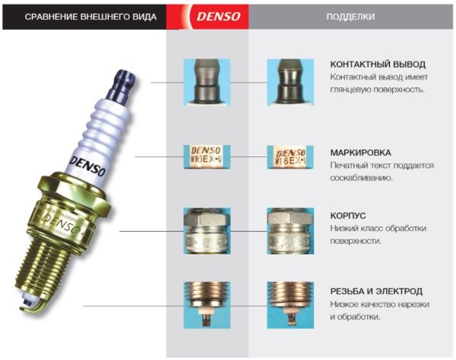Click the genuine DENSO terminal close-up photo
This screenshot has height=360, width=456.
point(207,81)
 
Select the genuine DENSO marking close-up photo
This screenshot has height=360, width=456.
point(207,157)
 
